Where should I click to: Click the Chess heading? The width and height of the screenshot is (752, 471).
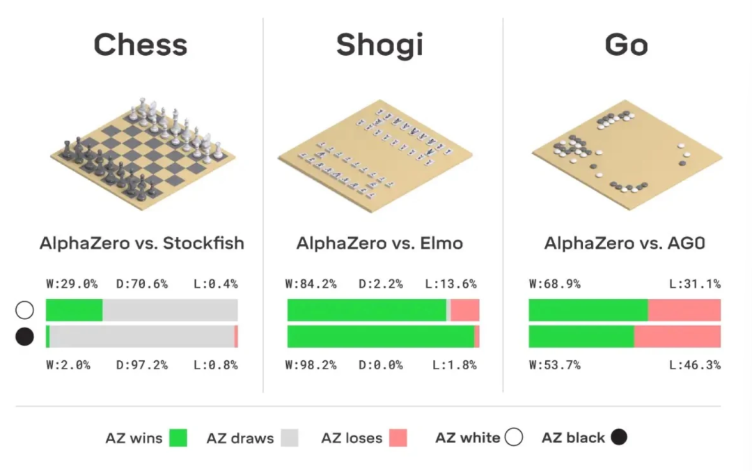coord(141,45)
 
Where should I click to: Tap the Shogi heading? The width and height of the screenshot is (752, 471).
coord(379,45)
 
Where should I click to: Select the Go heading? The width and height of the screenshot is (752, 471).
coord(626,45)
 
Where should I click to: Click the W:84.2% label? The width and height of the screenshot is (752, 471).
coord(311,284)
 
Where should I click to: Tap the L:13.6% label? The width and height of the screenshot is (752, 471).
coord(451,284)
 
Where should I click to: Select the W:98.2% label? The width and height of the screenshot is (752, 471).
coord(311,365)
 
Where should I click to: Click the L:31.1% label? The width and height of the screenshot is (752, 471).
coord(695,284)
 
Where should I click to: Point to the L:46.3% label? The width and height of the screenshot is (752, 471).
coord(695,365)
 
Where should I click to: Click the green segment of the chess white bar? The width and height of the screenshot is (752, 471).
coord(74,310)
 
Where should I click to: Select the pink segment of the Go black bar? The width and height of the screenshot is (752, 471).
coord(677,336)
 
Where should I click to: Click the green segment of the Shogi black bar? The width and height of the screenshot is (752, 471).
coord(380,336)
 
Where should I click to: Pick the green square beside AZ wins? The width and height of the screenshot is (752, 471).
coord(179,438)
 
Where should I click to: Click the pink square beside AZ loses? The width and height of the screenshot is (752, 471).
coord(398,438)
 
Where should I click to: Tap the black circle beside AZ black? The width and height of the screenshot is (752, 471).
coord(619,438)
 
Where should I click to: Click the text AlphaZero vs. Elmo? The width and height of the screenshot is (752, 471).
coord(379,243)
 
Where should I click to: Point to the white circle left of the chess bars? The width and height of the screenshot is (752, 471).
coord(24,311)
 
